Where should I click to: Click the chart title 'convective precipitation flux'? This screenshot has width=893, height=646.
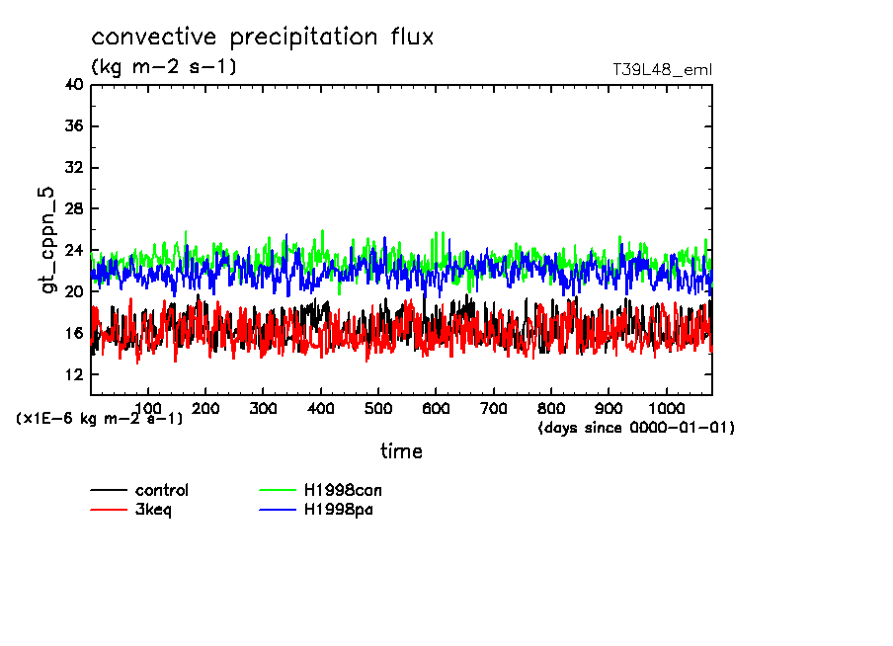(263, 38)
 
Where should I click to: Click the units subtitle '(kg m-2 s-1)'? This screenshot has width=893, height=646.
(164, 67)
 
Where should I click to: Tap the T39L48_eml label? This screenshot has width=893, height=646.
(662, 69)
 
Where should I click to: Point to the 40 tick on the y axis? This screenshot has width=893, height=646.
(73, 85)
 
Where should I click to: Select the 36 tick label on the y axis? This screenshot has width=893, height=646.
(73, 126)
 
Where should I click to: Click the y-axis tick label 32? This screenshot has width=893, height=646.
(73, 168)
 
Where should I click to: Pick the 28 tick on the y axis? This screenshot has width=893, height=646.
(73, 209)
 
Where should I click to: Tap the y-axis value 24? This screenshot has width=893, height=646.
(73, 251)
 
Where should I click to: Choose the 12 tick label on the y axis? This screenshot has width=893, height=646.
(73, 375)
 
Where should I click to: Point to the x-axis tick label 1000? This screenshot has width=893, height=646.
(666, 408)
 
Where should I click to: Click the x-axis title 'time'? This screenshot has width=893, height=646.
(401, 451)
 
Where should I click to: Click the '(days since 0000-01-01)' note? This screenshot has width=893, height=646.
(636, 428)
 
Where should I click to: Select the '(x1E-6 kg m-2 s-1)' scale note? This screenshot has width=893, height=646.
(100, 419)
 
